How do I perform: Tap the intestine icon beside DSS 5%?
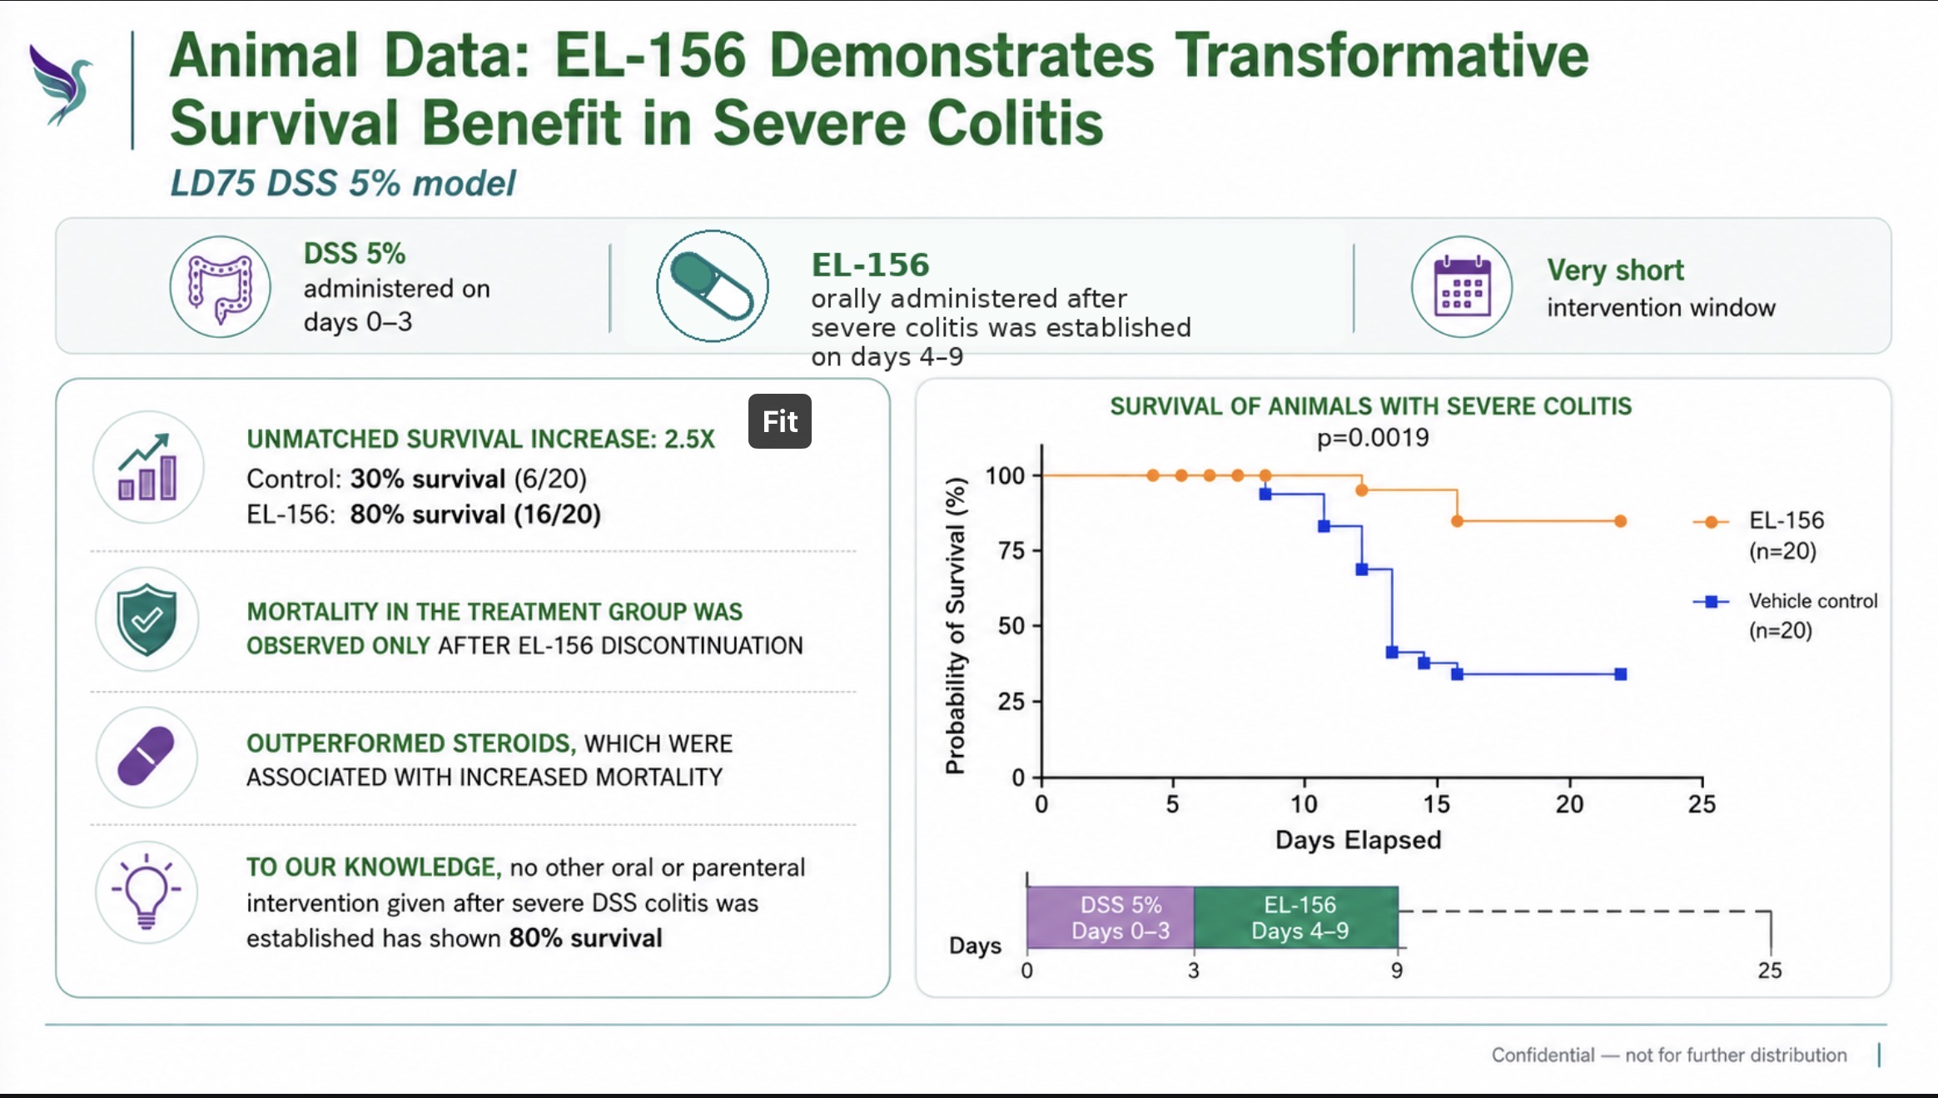[221, 287]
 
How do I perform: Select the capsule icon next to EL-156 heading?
[713, 286]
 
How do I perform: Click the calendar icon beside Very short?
[1462, 287]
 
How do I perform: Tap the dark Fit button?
[780, 421]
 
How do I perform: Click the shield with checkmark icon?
[147, 619]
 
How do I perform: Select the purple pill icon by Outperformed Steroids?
[147, 757]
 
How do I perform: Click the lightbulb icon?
[147, 892]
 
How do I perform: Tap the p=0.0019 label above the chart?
[1373, 438]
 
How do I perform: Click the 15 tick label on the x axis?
[1437, 804]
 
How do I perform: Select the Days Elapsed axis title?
[1359, 840]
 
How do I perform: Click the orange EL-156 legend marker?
[1711, 522]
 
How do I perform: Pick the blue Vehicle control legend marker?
[1711, 601]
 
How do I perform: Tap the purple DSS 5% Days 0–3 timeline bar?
[1111, 917]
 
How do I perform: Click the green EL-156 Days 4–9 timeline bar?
[1296, 917]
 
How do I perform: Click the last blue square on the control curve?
[1620, 674]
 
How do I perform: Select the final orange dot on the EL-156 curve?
[1620, 521]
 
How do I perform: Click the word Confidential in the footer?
[1543, 1056]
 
